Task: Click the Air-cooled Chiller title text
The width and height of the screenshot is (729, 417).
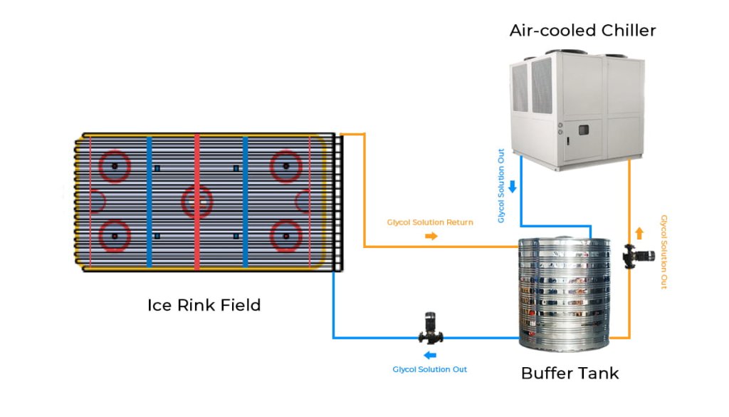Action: point(582,31)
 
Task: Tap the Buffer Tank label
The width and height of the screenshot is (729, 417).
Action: point(570,374)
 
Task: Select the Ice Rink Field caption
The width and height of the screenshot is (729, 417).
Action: point(204,306)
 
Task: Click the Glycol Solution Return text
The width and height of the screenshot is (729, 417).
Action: point(430,222)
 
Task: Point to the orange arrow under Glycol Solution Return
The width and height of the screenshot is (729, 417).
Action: point(431,236)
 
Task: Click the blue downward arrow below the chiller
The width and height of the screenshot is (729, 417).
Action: point(512,187)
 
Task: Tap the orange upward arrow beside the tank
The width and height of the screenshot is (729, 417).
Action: point(639,233)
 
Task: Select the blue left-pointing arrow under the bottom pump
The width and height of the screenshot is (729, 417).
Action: point(430,355)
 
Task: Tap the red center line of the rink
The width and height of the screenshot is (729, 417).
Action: point(197,202)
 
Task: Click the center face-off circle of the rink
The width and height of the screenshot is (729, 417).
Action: point(197,202)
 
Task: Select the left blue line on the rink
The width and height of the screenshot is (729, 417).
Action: point(149,202)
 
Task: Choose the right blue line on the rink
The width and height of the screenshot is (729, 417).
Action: point(245,202)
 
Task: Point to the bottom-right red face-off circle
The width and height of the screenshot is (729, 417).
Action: point(285,235)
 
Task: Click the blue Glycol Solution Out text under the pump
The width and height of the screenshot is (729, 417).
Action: point(430,369)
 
